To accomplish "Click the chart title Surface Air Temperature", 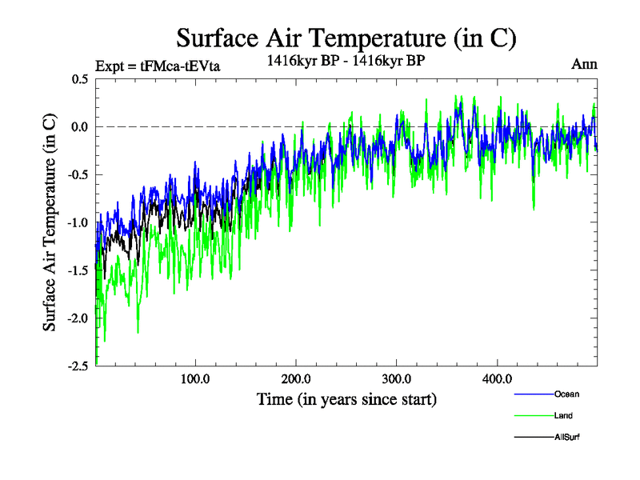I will click(346, 38).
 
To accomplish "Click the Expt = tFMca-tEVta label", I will click(157, 66).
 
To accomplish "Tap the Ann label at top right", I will click(584, 64).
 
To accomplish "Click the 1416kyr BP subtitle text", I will click(346, 59).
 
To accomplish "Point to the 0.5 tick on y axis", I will click(79, 79).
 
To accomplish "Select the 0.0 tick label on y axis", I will click(79, 127).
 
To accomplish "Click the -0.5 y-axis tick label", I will click(78, 175).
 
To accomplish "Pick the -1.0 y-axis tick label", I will click(78, 222).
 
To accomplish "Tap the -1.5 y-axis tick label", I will click(78, 270).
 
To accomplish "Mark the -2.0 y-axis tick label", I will click(78, 318).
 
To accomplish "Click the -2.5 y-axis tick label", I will click(78, 366).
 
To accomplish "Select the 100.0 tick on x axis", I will click(195, 378).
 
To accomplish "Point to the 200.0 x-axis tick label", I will click(296, 378).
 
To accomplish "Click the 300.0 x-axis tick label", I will click(397, 378).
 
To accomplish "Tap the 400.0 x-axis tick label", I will click(497, 378).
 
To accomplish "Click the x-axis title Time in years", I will click(346, 398).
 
